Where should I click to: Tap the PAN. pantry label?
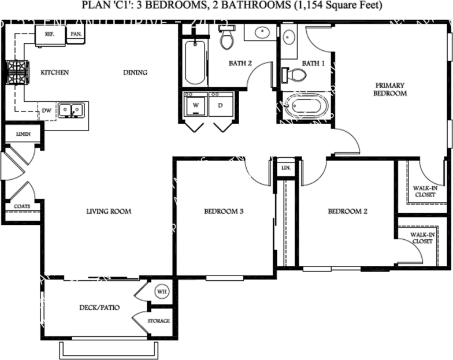point(75,35)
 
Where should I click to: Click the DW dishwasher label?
point(46,110)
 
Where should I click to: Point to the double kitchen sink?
point(72,109)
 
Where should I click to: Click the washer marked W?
point(195,106)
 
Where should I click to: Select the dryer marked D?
point(220,106)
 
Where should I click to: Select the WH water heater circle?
point(161,292)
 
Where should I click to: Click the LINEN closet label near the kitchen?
point(23,134)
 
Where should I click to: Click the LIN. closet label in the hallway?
point(285,168)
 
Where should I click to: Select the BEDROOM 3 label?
point(224,211)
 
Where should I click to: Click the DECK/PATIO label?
point(99,307)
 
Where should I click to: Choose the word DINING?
point(135,73)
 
